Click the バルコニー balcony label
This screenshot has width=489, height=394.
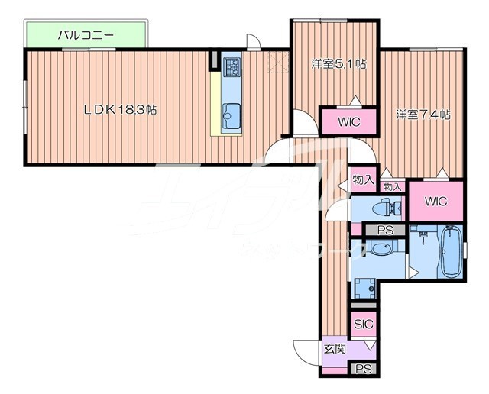tap(86, 34)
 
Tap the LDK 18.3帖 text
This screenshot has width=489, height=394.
tap(120, 110)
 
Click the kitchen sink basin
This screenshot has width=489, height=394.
tap(231, 118)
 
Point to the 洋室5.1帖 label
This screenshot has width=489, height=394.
tap(337, 64)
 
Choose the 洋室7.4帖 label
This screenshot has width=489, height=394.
tap(422, 115)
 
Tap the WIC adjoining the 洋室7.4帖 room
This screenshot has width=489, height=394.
tap(436, 202)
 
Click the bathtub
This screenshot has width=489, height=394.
tap(451, 254)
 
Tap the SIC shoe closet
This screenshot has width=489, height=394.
tap(363, 324)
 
